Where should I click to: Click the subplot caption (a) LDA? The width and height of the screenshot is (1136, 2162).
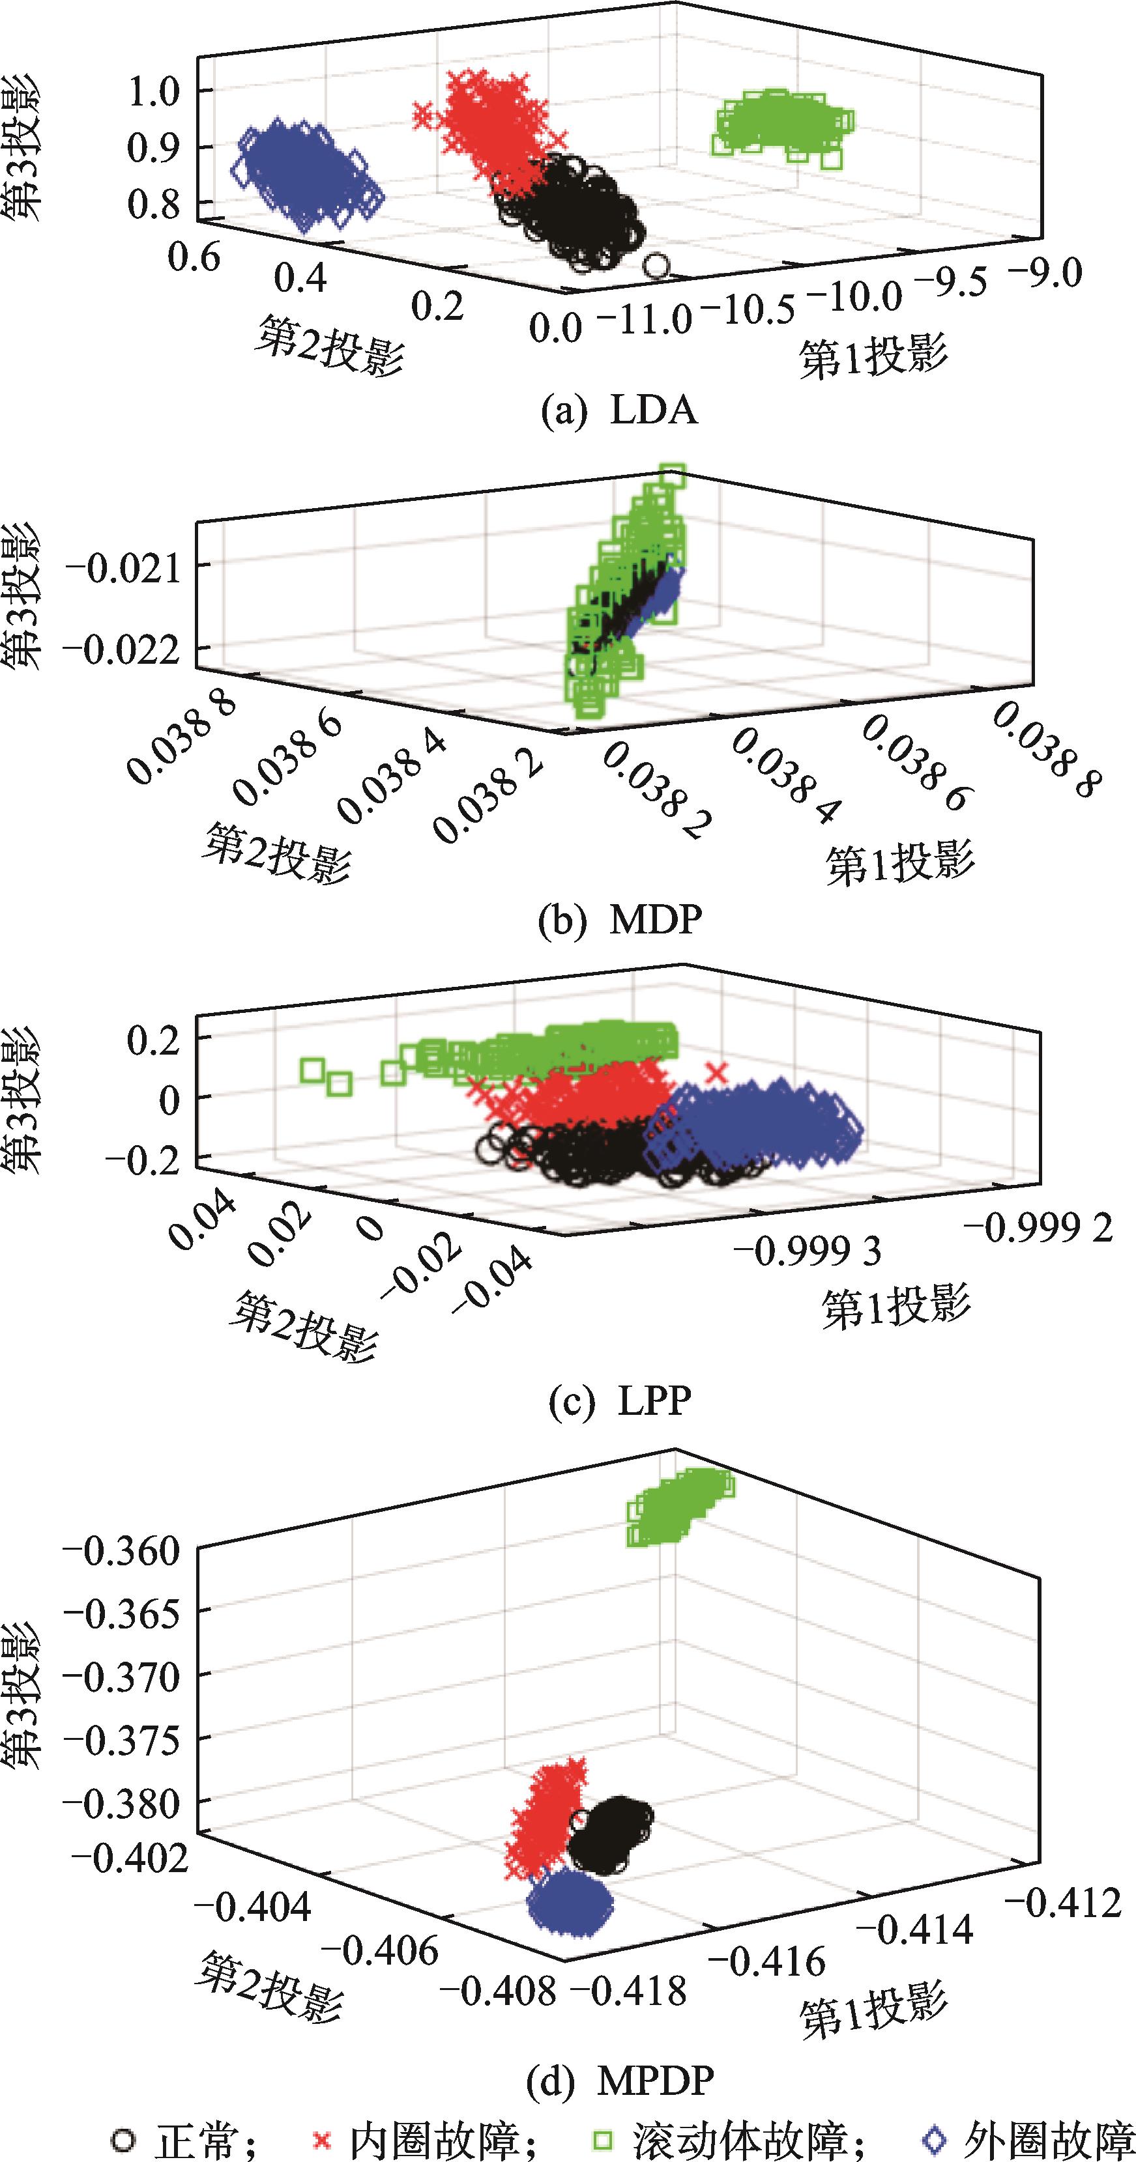620,411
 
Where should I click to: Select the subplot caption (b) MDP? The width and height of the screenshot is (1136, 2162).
620,920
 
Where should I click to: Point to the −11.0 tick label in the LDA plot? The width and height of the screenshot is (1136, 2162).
644,320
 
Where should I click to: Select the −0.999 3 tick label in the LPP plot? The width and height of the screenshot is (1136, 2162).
807,1251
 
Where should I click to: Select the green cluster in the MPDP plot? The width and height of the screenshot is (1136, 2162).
678,1507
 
